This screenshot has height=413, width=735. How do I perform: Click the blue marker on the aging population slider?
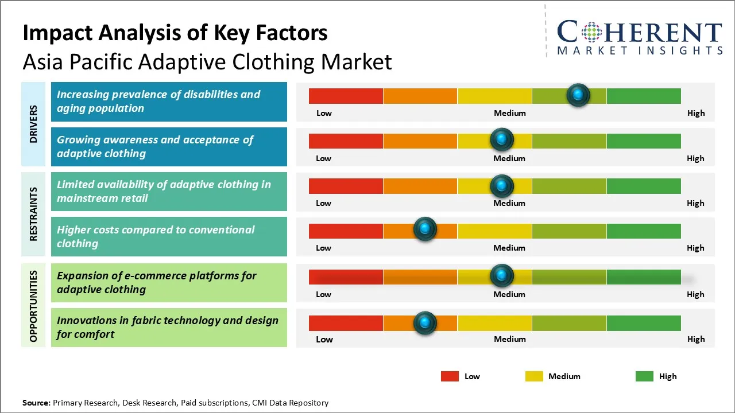tap(578, 95)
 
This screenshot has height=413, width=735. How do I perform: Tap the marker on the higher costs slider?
tap(425, 229)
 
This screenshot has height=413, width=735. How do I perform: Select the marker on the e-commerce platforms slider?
tap(502, 276)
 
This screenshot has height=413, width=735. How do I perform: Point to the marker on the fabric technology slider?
tap(425, 323)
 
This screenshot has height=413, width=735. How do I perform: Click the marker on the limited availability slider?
tap(502, 186)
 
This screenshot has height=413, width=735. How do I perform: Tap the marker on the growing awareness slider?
tap(502, 139)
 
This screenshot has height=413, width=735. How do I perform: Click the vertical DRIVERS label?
tap(33, 124)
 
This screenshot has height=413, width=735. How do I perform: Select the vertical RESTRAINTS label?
tap(33, 214)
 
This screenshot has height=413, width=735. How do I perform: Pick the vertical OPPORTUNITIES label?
tap(33, 306)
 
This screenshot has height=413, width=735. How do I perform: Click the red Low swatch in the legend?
tap(450, 376)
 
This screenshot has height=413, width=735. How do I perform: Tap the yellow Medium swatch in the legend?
tap(534, 376)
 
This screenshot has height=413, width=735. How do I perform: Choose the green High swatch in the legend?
tap(644, 376)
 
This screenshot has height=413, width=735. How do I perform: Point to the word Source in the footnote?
tap(36, 403)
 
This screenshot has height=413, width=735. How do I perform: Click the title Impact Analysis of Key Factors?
tap(175, 33)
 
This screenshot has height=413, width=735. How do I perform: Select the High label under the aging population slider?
tap(696, 113)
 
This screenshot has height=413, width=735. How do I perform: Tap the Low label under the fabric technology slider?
tap(324, 339)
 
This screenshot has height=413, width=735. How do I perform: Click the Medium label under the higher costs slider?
tap(509, 248)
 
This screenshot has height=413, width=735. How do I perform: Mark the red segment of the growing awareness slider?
tap(346, 141)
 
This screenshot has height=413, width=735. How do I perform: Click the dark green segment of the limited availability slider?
tap(643, 186)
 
